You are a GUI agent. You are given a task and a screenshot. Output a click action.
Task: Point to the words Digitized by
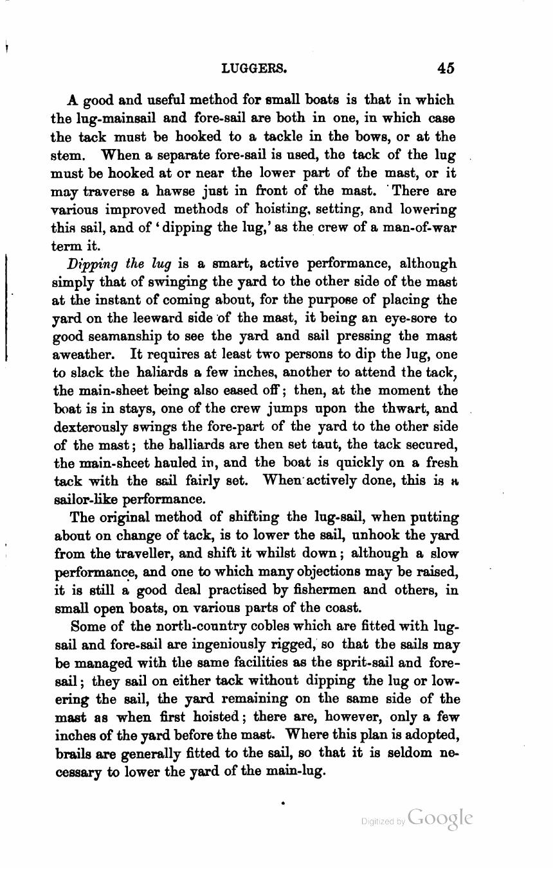383,821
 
